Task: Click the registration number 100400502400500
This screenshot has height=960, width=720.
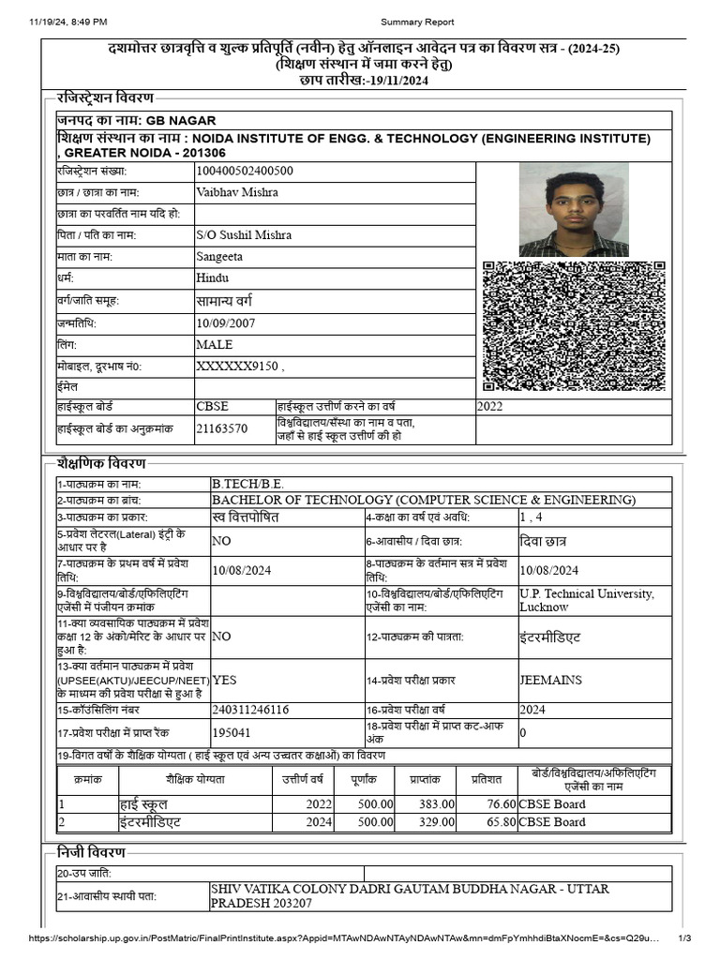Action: point(245,171)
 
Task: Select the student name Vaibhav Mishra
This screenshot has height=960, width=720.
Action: point(237,192)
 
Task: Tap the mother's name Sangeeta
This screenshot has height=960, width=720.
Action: point(219,256)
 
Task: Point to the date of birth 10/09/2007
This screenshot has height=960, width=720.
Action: point(225,322)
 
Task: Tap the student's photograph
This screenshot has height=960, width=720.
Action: point(573,210)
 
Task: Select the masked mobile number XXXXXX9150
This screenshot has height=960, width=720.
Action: point(238,366)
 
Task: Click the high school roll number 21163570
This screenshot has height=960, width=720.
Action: point(222,428)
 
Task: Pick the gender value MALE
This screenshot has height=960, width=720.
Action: point(215,344)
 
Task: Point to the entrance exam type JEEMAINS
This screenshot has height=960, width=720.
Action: point(551,681)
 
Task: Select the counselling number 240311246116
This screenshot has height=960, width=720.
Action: point(250,710)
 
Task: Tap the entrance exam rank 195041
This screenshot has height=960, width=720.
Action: point(232,732)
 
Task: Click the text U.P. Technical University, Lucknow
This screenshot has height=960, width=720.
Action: point(586,600)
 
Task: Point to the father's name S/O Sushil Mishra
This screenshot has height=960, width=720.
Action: point(244,234)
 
